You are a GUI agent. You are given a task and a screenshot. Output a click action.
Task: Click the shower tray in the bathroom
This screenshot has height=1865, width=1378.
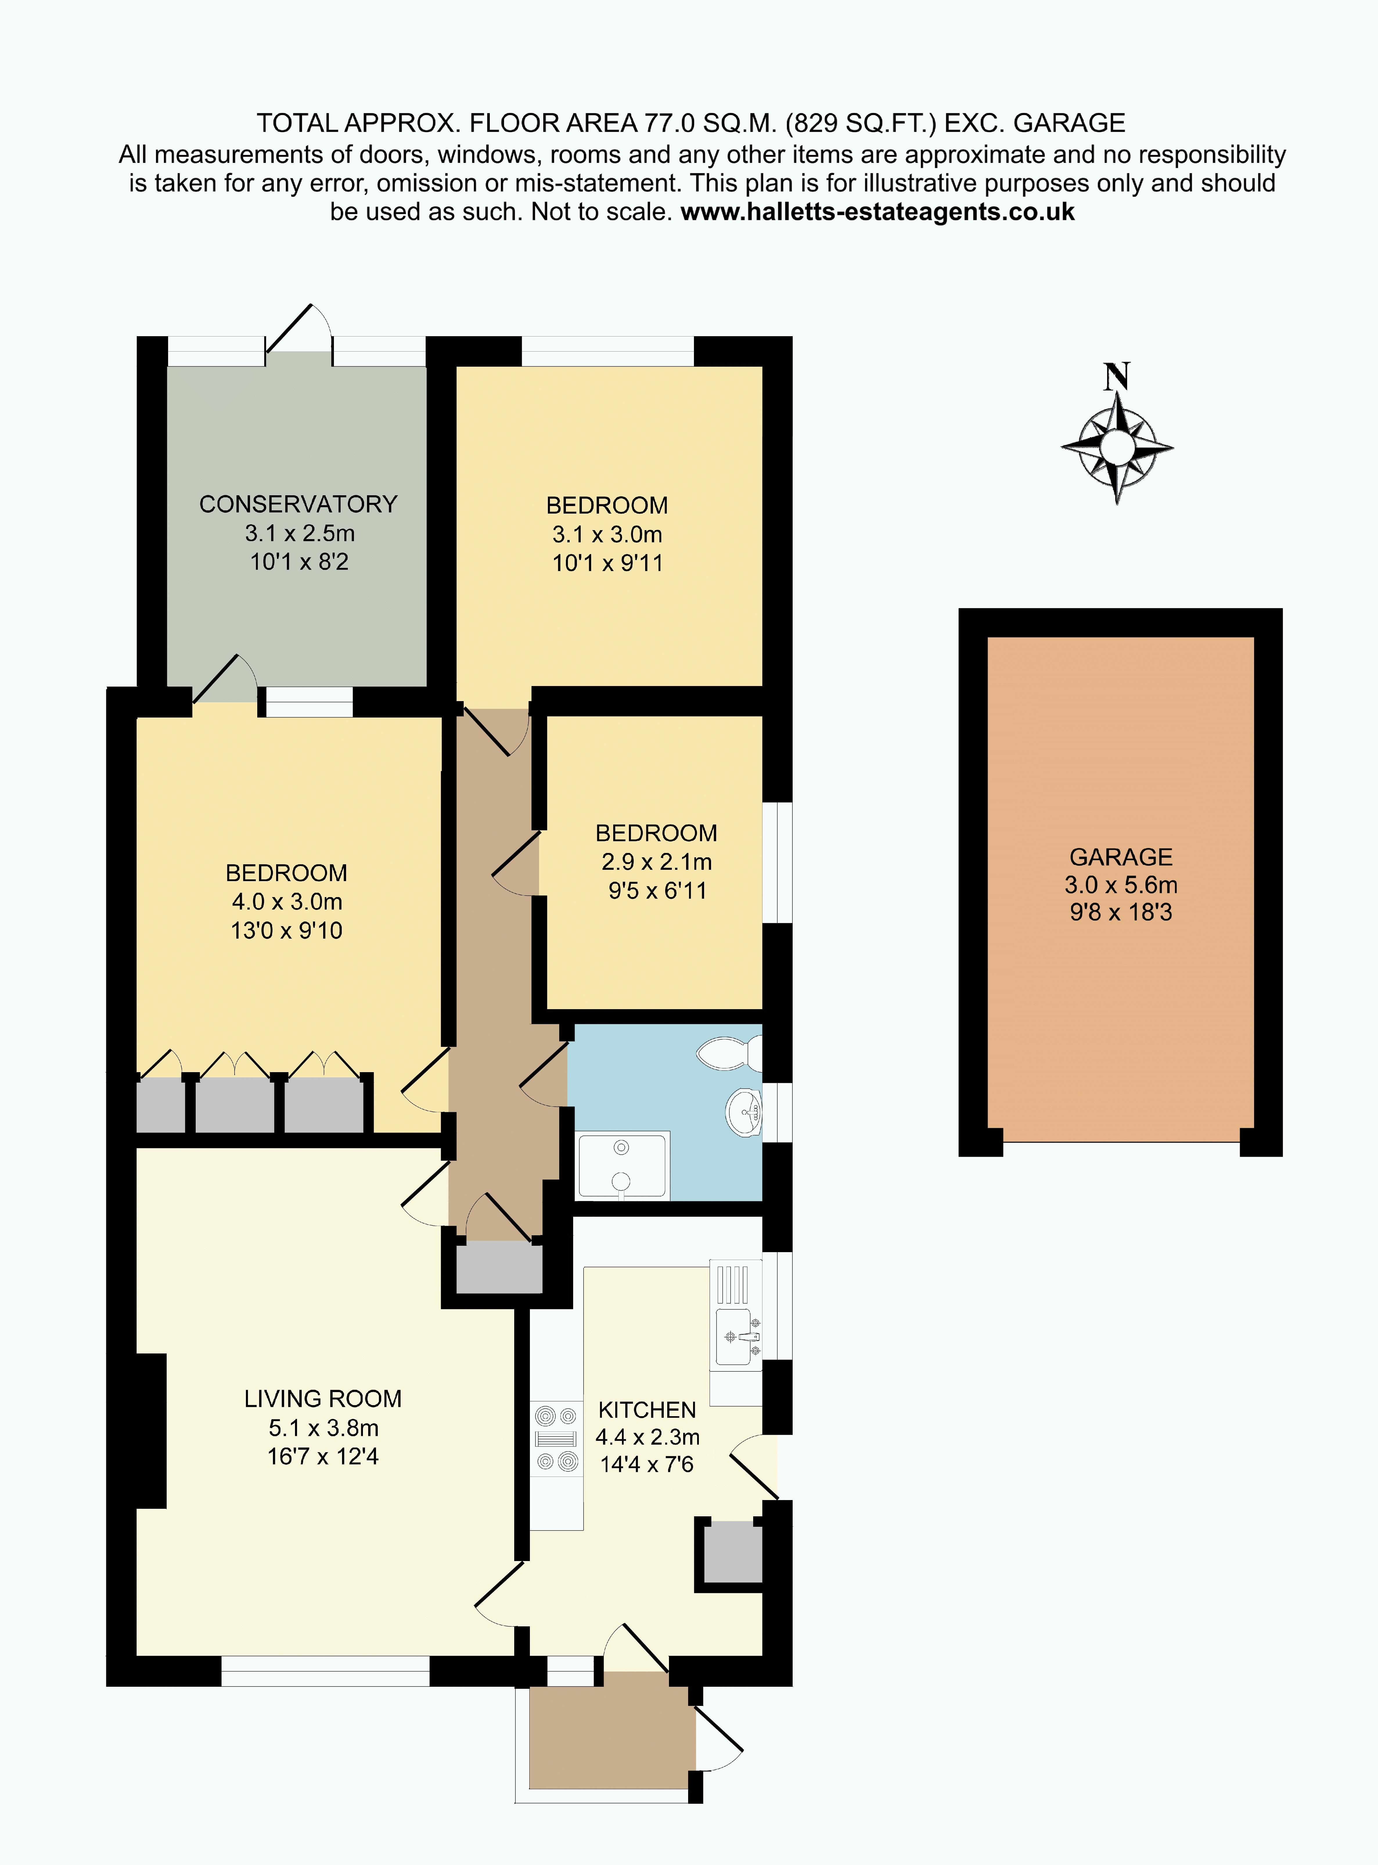coord(622,1165)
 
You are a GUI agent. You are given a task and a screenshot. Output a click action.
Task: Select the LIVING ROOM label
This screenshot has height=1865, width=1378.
coord(323,1399)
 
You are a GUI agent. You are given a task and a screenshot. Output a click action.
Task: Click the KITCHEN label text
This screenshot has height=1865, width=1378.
coord(647,1409)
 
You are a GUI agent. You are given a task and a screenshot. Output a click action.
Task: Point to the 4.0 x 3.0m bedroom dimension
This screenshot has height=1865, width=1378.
coord(287,902)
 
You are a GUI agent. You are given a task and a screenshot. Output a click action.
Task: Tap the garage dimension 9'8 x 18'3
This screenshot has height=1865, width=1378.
coord(1121,912)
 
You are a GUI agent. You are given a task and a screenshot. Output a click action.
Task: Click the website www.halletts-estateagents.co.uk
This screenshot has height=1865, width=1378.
coord(877,212)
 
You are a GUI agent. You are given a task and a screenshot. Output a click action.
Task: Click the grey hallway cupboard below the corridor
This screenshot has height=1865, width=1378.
coord(499,1267)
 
